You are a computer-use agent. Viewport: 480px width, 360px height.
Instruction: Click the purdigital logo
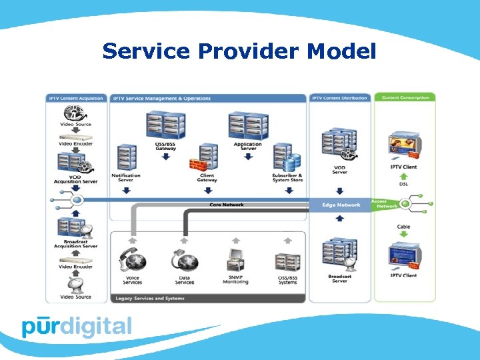[x=77, y=326]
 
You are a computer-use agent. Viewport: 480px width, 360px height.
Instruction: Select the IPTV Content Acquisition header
[x=76, y=98]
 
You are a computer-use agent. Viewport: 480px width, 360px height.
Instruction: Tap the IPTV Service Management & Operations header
[x=161, y=98]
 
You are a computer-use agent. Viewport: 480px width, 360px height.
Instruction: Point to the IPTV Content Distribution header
[x=339, y=98]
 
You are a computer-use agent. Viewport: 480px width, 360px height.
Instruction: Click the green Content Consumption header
[x=405, y=98]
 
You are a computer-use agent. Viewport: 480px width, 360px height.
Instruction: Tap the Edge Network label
[x=341, y=205]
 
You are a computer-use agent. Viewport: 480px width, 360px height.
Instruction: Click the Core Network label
[x=227, y=205]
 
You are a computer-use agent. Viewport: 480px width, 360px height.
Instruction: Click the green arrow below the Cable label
[x=404, y=235]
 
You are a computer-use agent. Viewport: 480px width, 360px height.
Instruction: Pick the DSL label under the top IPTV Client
[x=404, y=184]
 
